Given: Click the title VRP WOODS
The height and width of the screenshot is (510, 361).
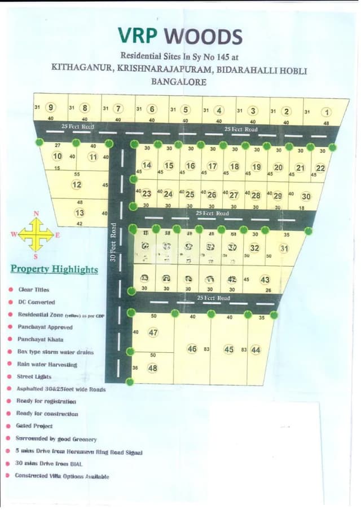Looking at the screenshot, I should (180, 36).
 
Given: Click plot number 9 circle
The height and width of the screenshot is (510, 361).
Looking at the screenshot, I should (51, 108).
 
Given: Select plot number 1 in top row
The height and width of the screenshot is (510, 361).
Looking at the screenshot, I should (326, 112).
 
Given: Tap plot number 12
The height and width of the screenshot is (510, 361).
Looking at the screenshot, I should (77, 184).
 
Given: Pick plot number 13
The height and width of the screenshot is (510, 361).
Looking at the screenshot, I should (80, 212).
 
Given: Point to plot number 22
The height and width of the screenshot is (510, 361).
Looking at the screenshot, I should (320, 168).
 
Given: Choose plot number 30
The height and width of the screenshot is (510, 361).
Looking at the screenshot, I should (306, 196).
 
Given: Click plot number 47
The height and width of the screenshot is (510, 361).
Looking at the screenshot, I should (153, 332).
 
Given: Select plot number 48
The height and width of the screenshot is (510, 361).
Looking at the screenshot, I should (153, 368).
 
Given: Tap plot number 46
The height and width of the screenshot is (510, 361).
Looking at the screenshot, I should (192, 349).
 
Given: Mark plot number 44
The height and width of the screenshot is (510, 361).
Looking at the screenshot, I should (256, 349).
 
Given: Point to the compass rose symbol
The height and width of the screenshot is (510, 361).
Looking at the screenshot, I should (36, 234).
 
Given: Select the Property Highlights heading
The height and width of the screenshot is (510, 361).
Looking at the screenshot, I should (54, 269).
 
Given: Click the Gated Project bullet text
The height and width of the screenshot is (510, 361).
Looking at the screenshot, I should (34, 426).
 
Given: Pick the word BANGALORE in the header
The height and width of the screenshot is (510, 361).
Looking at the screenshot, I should (179, 82).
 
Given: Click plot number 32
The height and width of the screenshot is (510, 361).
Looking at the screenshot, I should (254, 248).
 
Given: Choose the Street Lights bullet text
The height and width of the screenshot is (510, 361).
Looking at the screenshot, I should (34, 377).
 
